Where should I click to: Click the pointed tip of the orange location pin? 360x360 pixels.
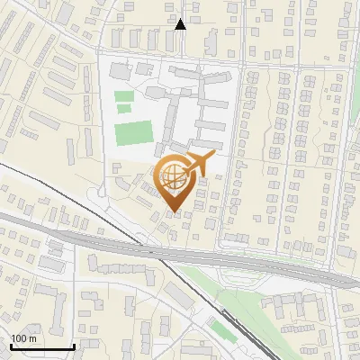click(174, 212)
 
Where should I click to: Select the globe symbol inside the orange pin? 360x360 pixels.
click(173, 177)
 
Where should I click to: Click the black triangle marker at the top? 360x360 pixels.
click(180, 24)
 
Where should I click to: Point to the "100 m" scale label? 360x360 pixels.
click(22, 338)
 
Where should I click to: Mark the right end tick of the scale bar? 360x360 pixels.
click(74, 346)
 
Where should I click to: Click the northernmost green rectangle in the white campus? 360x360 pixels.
click(124, 95)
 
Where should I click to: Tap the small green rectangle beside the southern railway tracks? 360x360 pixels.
click(222, 329)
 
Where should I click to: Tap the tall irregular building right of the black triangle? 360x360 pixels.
click(211, 40)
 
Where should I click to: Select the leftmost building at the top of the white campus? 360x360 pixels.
click(119, 69)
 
